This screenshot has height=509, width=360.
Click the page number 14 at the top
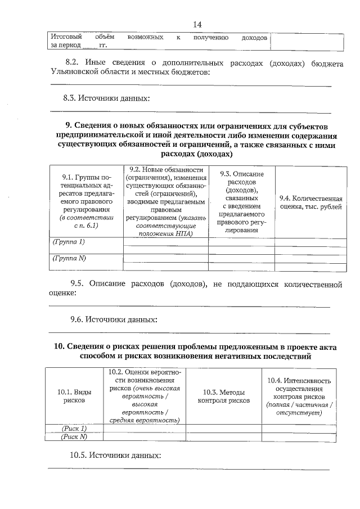(196, 24)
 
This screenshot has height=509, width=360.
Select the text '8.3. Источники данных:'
(107, 98)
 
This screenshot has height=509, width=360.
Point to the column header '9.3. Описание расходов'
(242, 205)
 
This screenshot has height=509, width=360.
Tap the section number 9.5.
(78, 285)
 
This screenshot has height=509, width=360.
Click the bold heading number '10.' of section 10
(61, 346)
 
